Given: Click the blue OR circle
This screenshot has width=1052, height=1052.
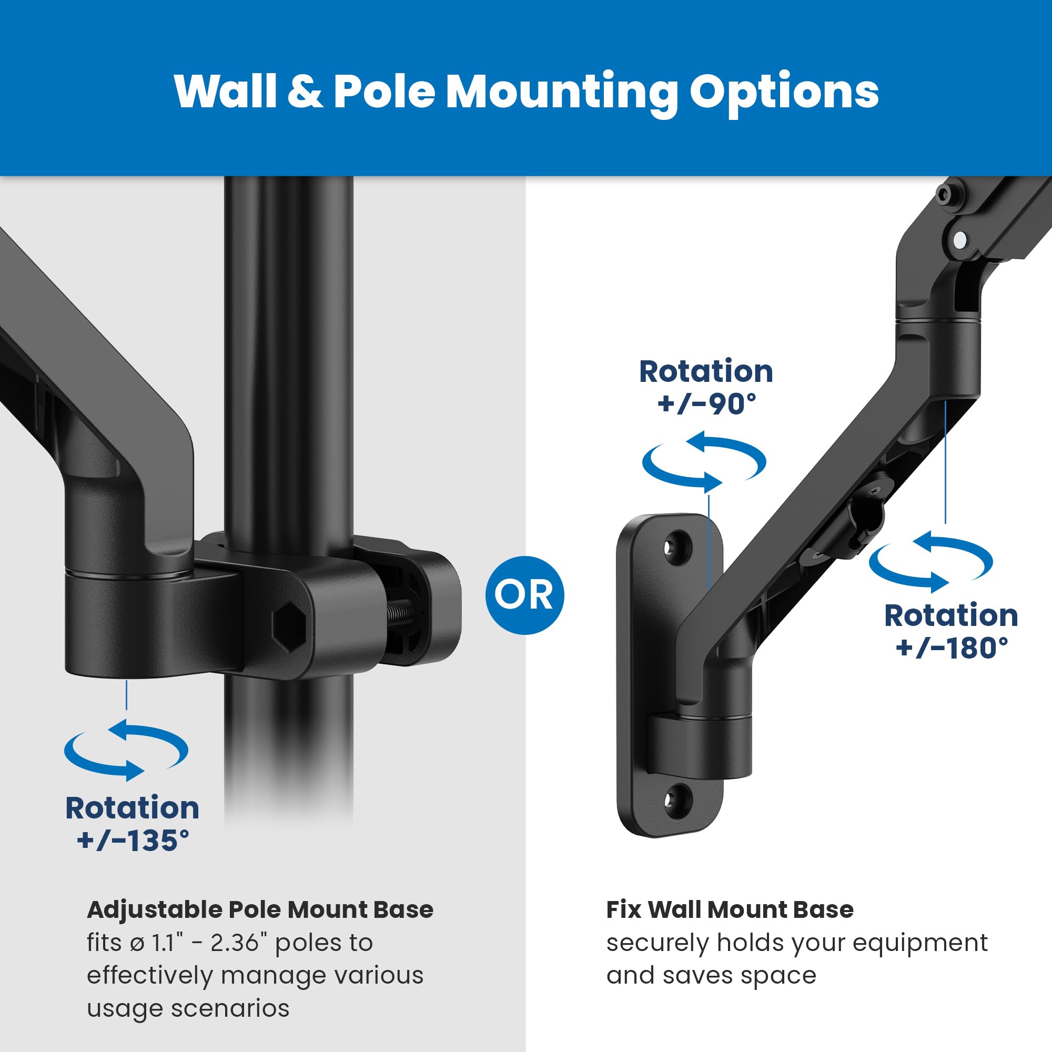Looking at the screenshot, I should (524, 595).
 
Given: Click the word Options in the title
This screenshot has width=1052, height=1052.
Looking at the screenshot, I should (784, 92).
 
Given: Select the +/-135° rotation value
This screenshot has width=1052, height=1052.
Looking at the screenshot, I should (133, 840).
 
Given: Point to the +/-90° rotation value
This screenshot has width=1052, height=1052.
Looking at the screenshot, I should (706, 404).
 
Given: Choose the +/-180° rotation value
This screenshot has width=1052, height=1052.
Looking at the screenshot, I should (951, 648).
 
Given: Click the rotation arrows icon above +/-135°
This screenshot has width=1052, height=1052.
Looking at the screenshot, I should (126, 751).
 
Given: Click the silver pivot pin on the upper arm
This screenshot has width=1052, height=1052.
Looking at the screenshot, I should (961, 238).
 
